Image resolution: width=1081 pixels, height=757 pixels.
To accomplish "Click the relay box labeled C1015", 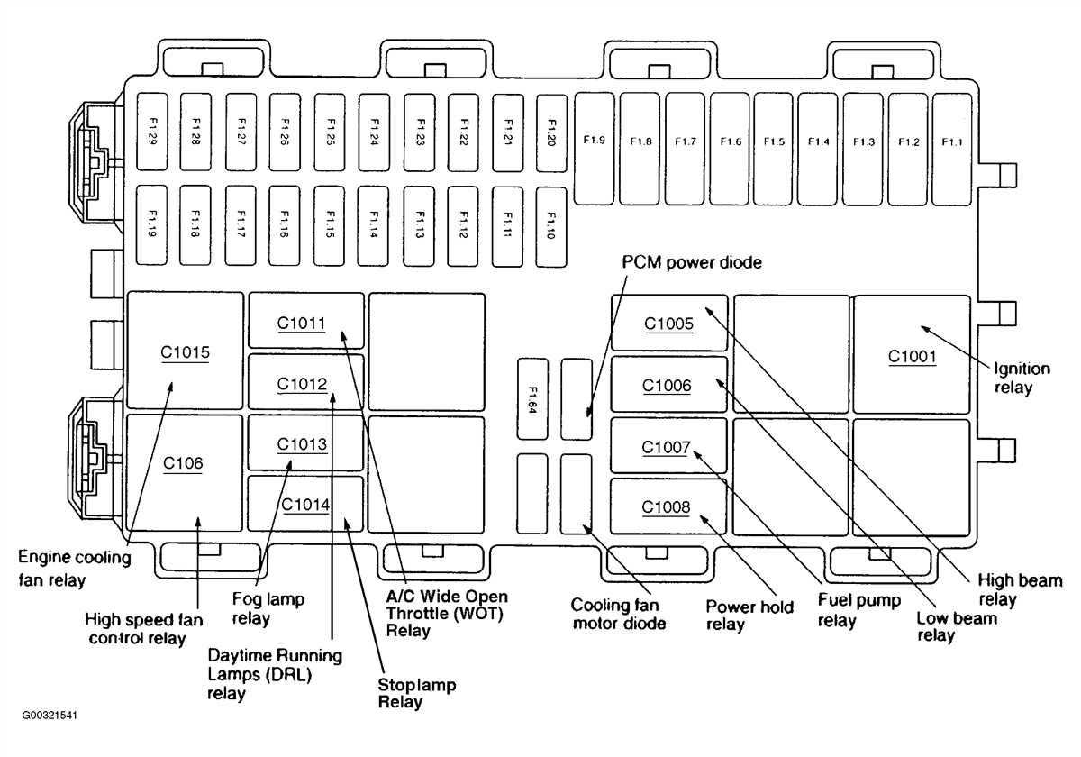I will click(186, 351).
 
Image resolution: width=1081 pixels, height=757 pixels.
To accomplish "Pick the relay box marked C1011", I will click(306, 321).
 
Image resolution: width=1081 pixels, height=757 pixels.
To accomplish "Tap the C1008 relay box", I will click(668, 506).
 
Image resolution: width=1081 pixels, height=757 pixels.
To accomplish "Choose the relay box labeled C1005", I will click(668, 323).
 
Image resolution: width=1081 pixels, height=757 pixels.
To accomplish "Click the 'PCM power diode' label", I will click(692, 262).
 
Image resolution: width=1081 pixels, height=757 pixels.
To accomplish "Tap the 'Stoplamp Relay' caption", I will click(417, 694).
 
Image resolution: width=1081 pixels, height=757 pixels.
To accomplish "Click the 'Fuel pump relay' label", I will click(858, 610).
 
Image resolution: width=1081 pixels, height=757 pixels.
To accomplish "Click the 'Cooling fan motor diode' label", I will click(619, 614).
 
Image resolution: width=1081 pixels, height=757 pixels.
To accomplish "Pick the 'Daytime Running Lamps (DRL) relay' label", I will click(274, 674).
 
